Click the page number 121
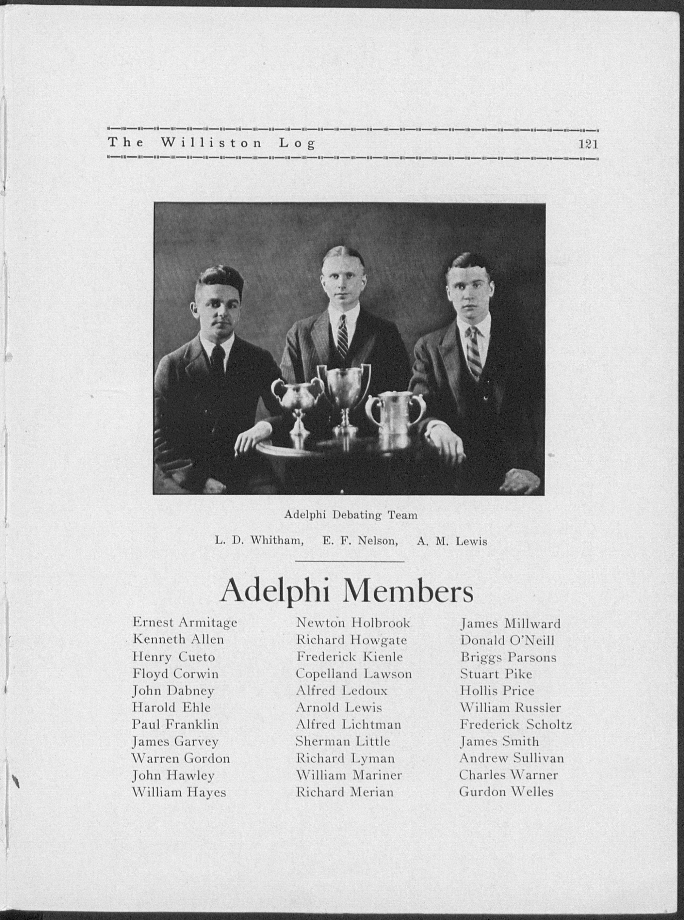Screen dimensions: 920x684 point(588,144)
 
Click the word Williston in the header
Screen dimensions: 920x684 point(211,143)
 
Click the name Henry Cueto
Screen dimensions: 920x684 point(173,657)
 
